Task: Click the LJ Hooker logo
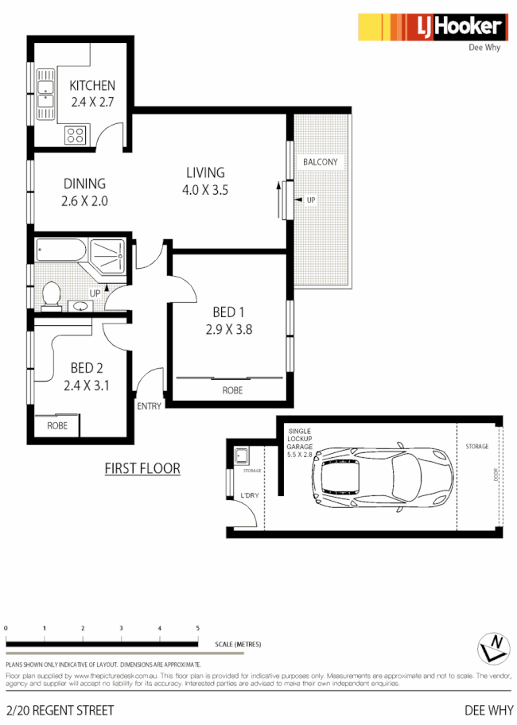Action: point(431,28)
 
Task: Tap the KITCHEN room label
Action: point(92,86)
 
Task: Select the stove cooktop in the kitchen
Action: point(76,134)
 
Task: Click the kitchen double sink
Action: point(45,95)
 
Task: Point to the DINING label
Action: point(84,184)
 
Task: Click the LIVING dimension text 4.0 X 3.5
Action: point(205,189)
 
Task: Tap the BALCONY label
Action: point(321,162)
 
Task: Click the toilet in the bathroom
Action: point(52,293)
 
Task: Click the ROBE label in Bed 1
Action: point(232,390)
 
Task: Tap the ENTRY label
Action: point(149,406)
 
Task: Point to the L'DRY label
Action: point(249,496)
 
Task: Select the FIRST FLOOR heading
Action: point(142,468)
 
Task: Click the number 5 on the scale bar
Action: point(197,629)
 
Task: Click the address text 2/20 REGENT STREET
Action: point(60,710)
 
